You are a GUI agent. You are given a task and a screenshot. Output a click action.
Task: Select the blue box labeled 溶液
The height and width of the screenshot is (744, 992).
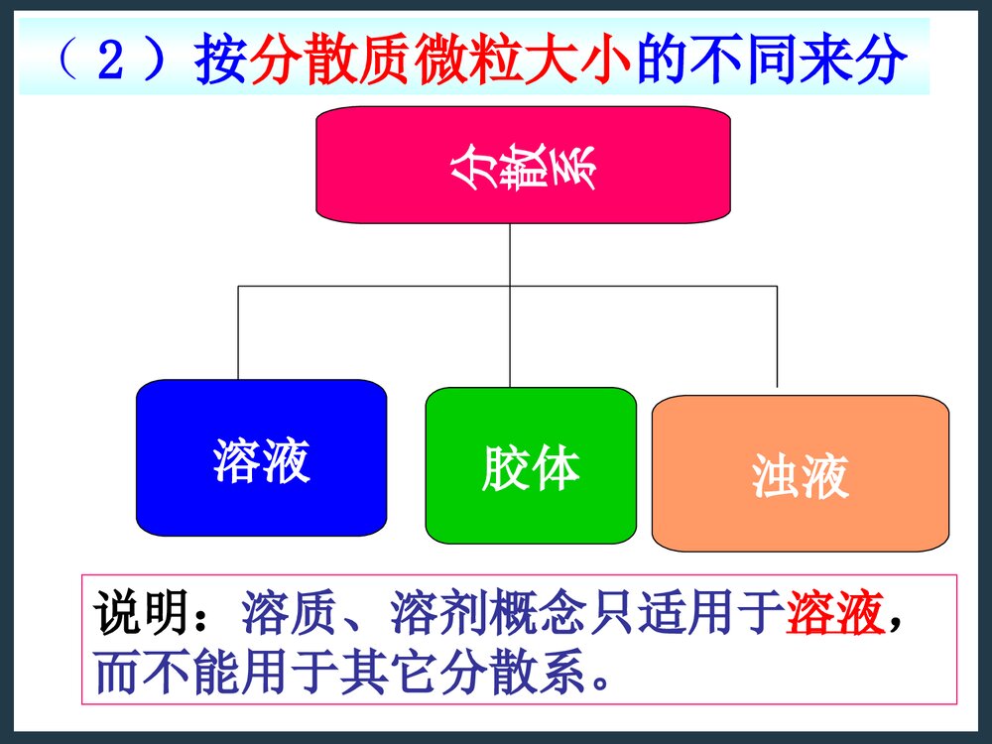click(261, 458)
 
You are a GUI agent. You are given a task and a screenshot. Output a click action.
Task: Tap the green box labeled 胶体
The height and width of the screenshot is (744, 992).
click(531, 465)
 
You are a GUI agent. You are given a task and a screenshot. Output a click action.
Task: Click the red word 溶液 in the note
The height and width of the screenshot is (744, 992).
click(834, 616)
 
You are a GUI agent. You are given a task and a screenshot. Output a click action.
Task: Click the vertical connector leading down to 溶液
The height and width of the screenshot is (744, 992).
click(238, 332)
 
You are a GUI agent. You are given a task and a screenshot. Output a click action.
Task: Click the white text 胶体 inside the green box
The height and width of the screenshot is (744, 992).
click(531, 467)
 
